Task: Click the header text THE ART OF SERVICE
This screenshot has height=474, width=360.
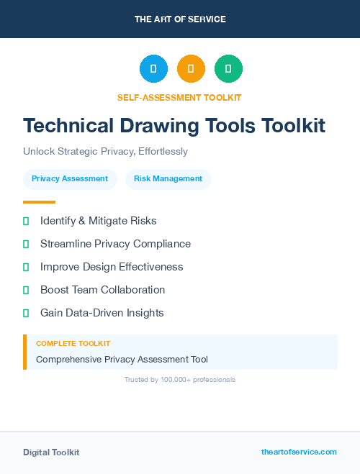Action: tap(180, 19)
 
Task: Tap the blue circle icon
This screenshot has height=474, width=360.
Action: tap(153, 69)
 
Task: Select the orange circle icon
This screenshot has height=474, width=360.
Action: tap(191, 69)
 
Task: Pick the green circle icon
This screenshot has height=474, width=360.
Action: tap(228, 69)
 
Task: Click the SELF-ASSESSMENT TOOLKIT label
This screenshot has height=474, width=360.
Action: tap(179, 97)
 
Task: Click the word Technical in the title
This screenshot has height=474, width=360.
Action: tap(68, 125)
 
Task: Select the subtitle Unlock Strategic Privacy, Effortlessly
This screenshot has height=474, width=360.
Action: tap(105, 152)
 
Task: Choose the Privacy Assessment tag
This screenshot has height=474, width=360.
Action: tap(70, 179)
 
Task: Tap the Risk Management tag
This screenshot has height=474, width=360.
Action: tap(168, 179)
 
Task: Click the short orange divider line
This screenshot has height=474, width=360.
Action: tap(39, 202)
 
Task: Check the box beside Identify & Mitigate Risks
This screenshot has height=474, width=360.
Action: tap(26, 221)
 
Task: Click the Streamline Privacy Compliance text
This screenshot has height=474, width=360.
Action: tap(115, 244)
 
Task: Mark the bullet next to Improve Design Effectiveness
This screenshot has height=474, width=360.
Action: tap(26, 267)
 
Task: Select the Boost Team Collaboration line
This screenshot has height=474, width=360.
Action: tap(102, 290)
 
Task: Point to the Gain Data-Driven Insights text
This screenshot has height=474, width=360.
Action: tap(102, 313)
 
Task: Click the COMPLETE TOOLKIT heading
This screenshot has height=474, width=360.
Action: tap(73, 344)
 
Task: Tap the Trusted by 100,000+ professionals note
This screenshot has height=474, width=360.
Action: tap(180, 379)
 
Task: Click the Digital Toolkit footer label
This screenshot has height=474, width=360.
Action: tap(51, 452)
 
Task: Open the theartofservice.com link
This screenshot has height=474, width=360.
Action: tap(299, 452)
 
